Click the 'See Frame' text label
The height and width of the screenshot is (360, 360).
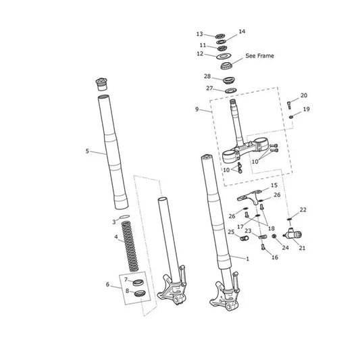(259, 55)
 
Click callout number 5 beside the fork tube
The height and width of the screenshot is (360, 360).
(87, 151)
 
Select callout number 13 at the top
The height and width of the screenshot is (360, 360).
(200, 34)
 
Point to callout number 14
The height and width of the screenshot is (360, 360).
(242, 31)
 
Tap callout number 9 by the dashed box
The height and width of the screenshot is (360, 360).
(197, 109)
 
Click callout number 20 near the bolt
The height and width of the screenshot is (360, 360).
(303, 95)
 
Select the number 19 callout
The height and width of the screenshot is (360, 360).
(306, 109)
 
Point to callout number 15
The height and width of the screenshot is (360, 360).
(274, 184)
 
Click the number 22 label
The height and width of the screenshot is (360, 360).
(303, 210)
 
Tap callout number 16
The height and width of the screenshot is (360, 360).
(274, 257)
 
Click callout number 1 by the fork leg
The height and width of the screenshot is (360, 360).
(247, 259)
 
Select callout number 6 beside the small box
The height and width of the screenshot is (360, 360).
(107, 284)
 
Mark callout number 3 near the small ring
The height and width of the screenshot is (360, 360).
(113, 222)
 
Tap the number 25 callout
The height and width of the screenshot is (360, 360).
(230, 232)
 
